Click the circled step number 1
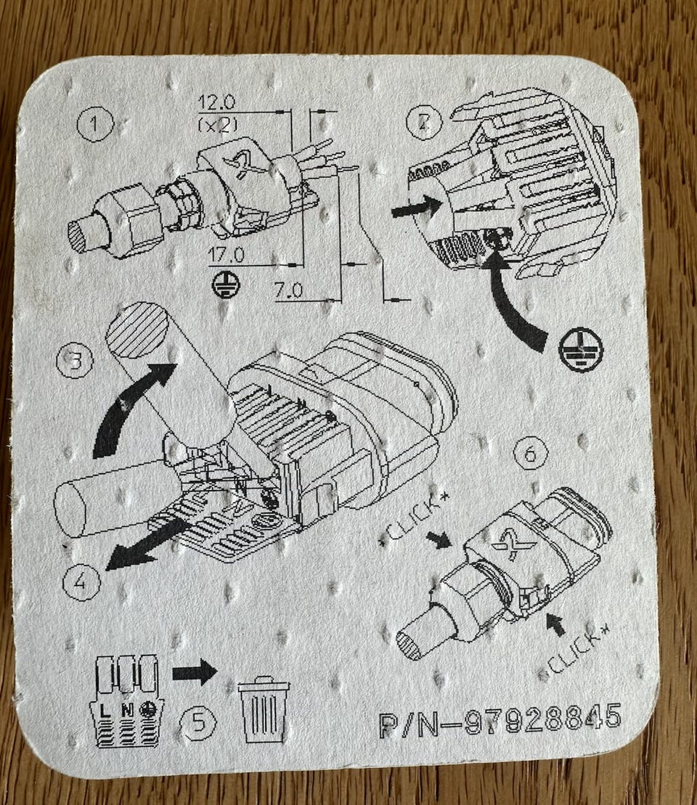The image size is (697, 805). [x=94, y=125]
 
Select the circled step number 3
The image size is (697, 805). [x=76, y=361]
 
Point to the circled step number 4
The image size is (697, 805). [x=81, y=583]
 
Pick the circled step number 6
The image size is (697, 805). [x=531, y=454]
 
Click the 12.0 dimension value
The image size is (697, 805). [x=216, y=102]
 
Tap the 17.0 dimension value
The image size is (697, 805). [x=226, y=255]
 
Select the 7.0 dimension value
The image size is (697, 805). [x=288, y=291]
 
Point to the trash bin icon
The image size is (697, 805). [x=264, y=709]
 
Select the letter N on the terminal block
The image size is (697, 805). [x=127, y=711]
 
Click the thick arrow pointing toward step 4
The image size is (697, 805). [x=145, y=544]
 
